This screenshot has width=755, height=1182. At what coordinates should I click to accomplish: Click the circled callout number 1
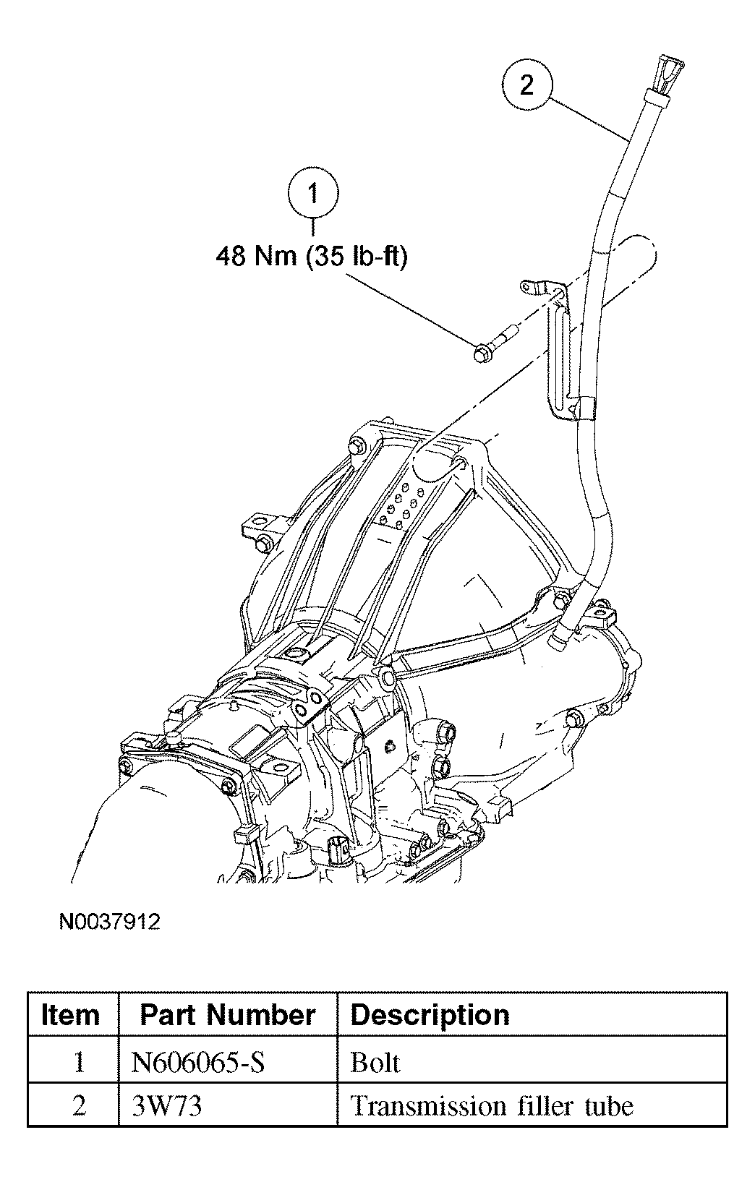coord(313,193)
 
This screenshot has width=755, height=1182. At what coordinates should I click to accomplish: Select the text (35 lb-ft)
coord(357,257)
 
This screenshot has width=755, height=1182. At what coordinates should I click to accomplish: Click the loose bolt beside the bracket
coord(495,343)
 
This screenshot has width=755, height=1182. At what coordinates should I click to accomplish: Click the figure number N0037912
coord(109,922)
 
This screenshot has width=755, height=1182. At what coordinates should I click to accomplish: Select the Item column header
coord(71,1015)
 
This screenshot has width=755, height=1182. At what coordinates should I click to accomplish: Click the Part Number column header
coord(227,1015)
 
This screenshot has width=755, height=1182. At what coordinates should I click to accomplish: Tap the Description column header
coord(430,1015)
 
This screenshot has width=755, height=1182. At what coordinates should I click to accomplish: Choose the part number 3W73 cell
coord(167,1107)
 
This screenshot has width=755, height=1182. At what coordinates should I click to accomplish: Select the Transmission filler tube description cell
coord(492,1107)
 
